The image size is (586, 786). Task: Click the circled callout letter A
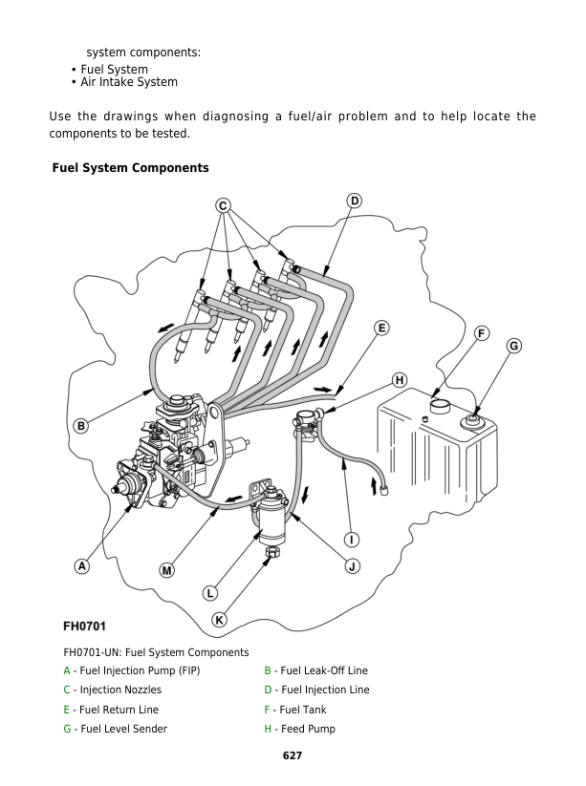[x=82, y=566]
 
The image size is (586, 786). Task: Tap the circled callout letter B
[x=82, y=426]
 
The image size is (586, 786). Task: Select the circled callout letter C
[x=223, y=205]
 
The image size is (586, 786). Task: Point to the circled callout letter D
[x=354, y=201]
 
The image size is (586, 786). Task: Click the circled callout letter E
[x=381, y=328]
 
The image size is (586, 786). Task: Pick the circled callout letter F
[x=482, y=332]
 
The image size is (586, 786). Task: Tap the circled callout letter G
[x=513, y=346]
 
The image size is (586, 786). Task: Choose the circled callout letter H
[x=400, y=380]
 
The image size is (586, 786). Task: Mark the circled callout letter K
[x=219, y=620]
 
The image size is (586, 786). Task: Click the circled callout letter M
[x=166, y=570]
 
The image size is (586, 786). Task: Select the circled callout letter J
[x=352, y=566]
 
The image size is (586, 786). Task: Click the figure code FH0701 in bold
[x=84, y=627]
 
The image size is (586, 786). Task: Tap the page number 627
[x=293, y=755]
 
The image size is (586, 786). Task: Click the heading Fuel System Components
[x=130, y=168]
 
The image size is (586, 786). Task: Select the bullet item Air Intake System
[x=128, y=82]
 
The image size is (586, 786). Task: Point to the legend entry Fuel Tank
[x=303, y=710]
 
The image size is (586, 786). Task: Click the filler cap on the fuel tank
[x=439, y=405]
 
